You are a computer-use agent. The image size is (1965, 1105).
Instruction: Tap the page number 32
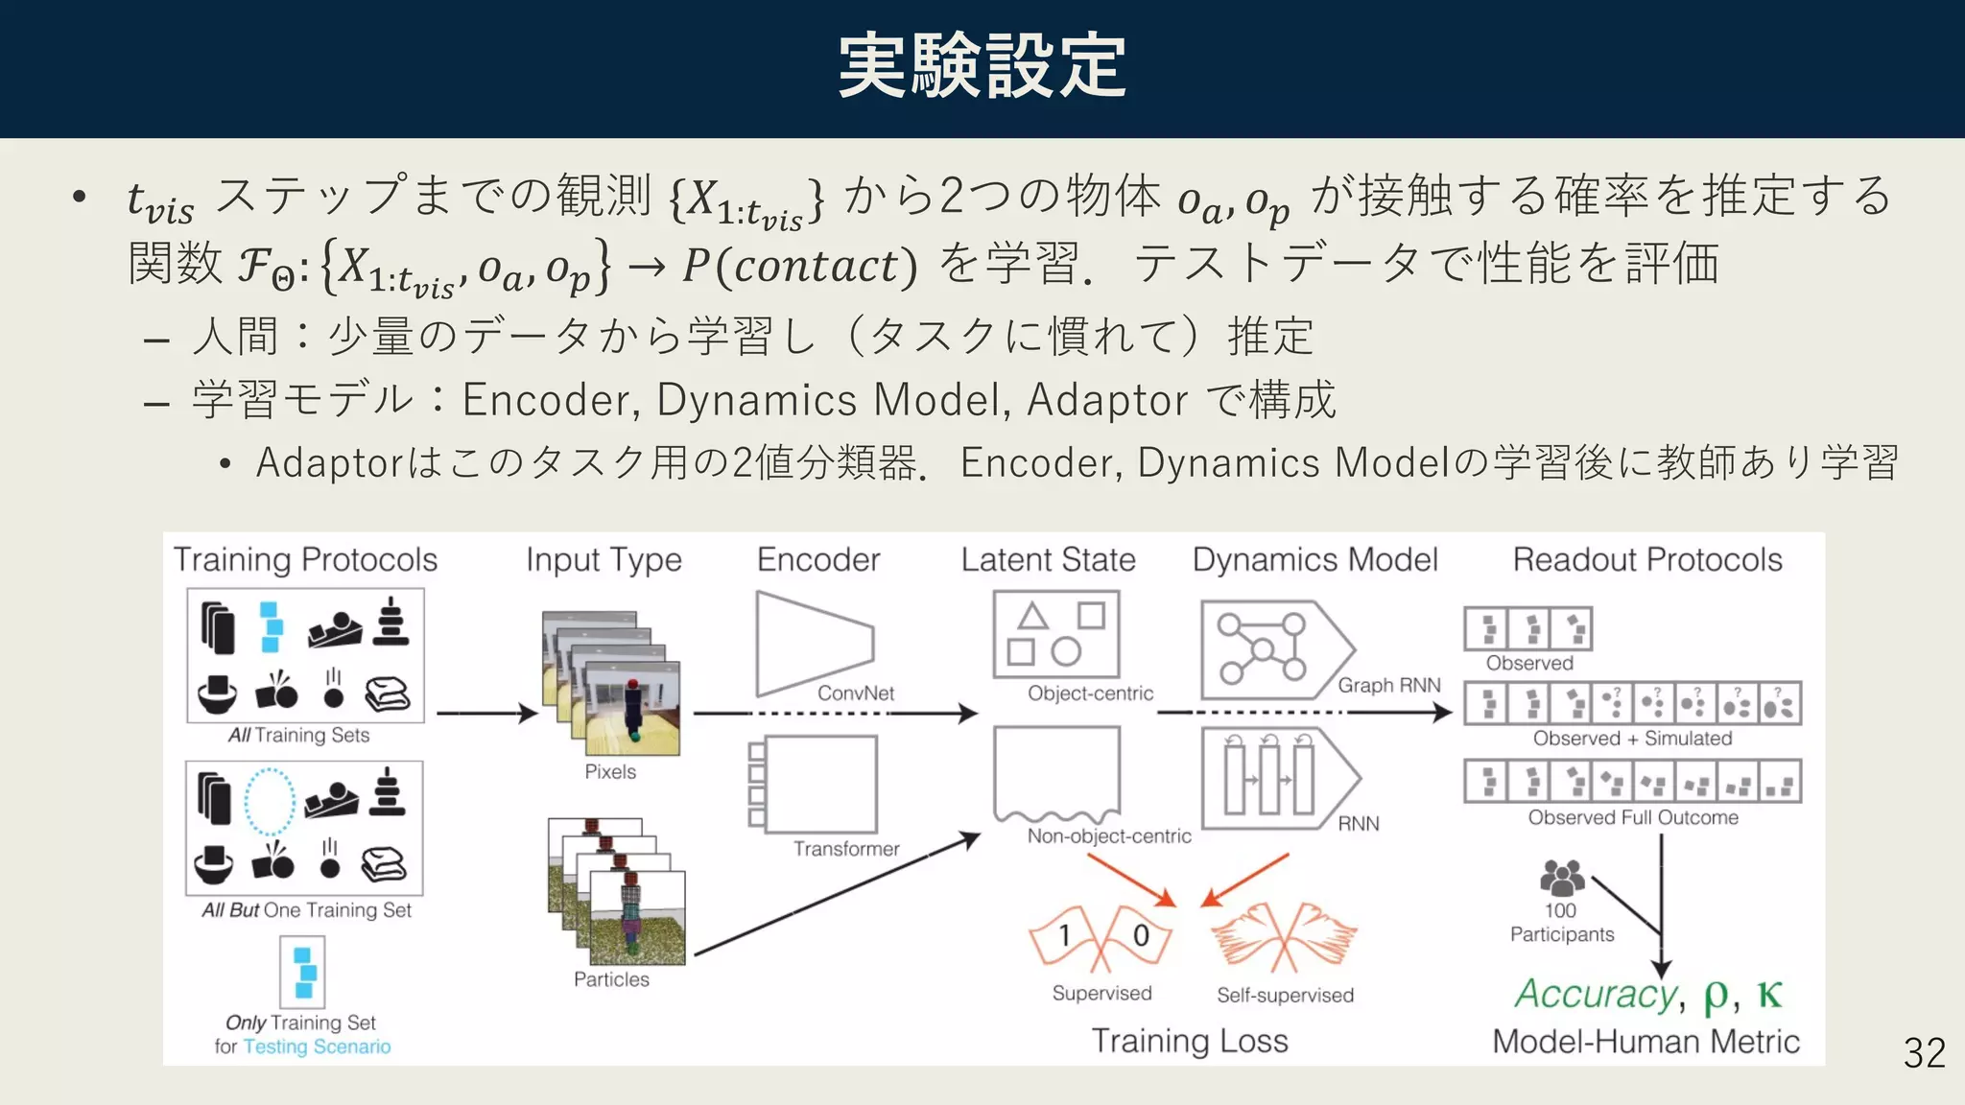click(x=1924, y=1053)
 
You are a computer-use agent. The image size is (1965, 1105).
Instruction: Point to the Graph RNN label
click(x=1388, y=685)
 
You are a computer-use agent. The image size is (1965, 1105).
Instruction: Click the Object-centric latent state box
click(x=1055, y=634)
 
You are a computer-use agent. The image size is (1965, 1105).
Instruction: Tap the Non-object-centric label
click(x=1108, y=835)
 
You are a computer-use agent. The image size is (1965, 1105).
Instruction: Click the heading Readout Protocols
click(x=1646, y=559)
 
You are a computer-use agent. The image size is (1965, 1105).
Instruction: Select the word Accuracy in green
click(x=1595, y=994)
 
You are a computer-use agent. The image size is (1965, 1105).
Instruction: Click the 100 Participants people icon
click(x=1561, y=877)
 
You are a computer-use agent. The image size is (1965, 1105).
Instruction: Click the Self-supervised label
click(x=1285, y=995)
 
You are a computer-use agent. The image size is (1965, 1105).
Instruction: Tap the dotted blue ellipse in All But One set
click(x=270, y=802)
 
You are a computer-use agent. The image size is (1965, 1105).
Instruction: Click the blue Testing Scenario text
click(x=317, y=1046)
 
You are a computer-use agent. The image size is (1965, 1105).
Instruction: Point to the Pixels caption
click(x=610, y=771)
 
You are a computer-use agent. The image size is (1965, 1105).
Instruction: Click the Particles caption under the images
click(x=611, y=979)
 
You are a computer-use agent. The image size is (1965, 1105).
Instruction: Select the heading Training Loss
click(x=1189, y=1041)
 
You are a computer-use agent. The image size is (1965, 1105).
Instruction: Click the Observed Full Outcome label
click(x=1632, y=817)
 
